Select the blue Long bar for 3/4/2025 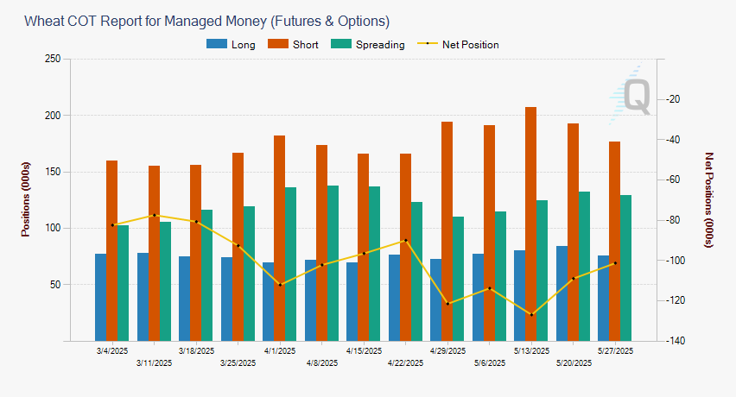[101, 297]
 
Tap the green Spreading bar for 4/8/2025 [332, 262]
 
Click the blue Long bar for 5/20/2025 [562, 293]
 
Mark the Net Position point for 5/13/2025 [531, 314]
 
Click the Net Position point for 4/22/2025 [406, 241]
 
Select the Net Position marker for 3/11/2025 [154, 215]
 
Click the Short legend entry [293, 45]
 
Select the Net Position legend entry [458, 45]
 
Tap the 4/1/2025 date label [280, 351]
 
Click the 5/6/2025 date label [489, 363]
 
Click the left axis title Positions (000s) [26, 199]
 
